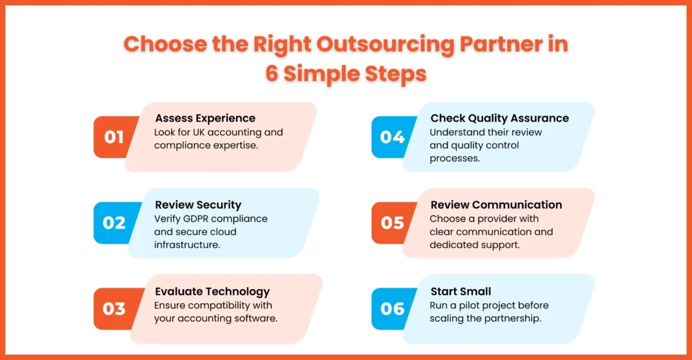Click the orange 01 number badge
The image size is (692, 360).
tap(114, 136)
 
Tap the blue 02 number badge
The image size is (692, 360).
tap(114, 223)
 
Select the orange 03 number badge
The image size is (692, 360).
tap(114, 309)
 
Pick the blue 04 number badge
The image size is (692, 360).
tap(392, 136)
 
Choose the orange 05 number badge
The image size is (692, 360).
tap(392, 223)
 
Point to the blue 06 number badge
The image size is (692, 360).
tap(392, 309)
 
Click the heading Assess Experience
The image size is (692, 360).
tap(205, 118)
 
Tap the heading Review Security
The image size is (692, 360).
tap(198, 205)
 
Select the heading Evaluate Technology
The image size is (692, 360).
tap(212, 292)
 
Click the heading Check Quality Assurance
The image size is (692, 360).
tap(499, 118)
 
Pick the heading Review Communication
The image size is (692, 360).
tap(496, 205)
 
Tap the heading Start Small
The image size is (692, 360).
tap(461, 292)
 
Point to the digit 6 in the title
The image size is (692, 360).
tap(272, 73)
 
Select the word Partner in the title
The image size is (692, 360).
tap(501, 44)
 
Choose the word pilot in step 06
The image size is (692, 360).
tap(471, 305)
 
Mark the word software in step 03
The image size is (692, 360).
tap(259, 319)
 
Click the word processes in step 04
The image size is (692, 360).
tap(455, 159)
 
